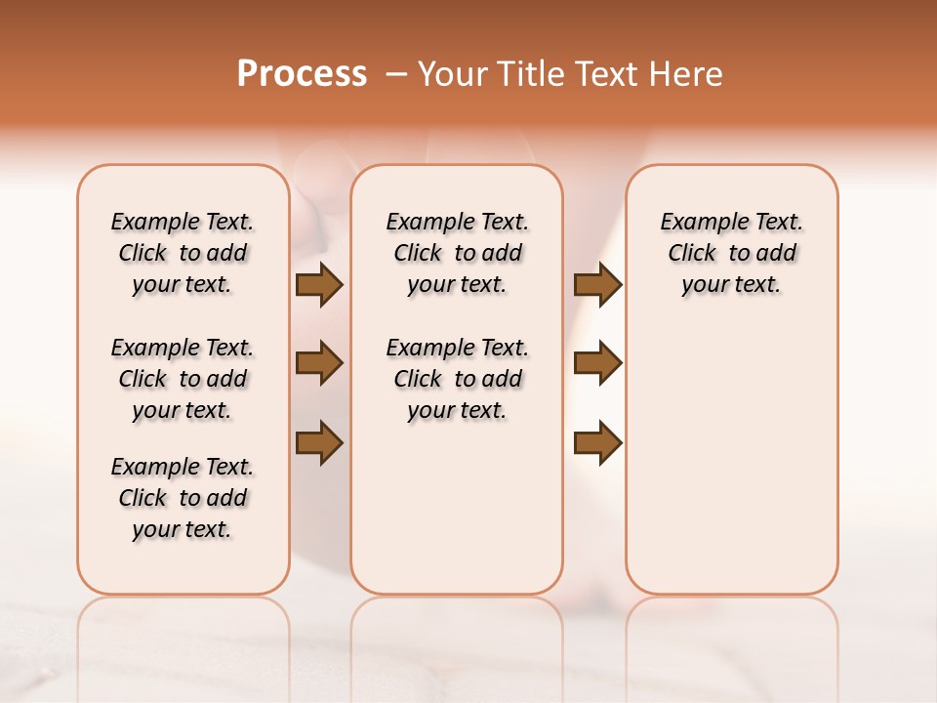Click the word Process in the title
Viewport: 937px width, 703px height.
coord(302,74)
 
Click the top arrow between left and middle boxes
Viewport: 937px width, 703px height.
coord(319,285)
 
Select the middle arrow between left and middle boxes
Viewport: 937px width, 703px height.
coord(319,363)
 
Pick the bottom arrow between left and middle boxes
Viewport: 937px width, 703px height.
coord(319,442)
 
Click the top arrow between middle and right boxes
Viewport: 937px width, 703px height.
coord(597,285)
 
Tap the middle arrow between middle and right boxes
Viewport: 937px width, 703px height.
coord(597,363)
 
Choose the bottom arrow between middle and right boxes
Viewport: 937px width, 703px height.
coord(597,442)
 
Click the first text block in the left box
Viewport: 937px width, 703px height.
coord(183,253)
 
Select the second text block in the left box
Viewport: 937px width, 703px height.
coord(183,379)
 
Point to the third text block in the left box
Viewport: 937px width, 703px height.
coord(183,498)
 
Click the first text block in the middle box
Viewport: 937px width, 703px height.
coord(457,253)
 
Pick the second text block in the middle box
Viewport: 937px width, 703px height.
coord(457,379)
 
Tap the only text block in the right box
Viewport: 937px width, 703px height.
coord(731,253)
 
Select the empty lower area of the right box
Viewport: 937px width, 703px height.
coord(731,469)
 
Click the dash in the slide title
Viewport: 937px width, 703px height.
coord(396,74)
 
